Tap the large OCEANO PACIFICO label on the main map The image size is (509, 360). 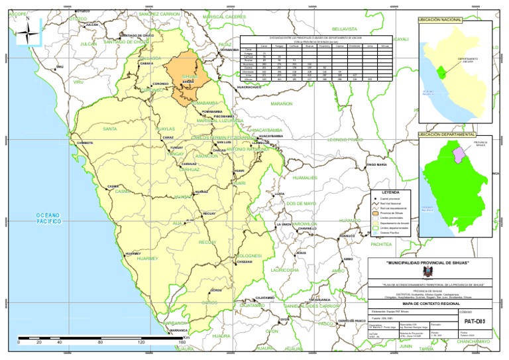(x=48, y=219)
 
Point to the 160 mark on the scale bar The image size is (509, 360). (x=181, y=343)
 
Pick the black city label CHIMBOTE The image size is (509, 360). (x=85, y=143)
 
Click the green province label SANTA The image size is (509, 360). (x=110, y=129)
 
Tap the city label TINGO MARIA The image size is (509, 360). (x=376, y=164)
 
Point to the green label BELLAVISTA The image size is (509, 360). (x=344, y=29)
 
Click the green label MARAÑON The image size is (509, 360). (x=282, y=104)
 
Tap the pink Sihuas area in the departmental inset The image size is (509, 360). (x=457, y=154)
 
